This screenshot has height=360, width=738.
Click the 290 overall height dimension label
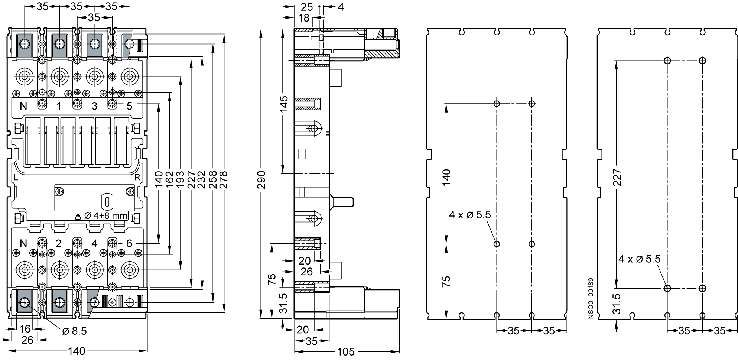261,180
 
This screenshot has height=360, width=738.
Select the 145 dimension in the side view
283,104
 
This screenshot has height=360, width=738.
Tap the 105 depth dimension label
346,351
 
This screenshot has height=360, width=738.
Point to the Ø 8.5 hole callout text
74,331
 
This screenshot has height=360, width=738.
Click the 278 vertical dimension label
224,180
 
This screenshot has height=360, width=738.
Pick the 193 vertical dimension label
181,180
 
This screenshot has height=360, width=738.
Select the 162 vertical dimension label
170,180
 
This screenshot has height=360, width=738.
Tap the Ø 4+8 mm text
106,216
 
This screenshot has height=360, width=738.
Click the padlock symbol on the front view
78,216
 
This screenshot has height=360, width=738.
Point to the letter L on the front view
15,177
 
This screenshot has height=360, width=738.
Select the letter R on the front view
137,177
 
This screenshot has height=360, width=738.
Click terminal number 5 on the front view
129,106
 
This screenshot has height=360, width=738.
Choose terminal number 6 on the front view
129,243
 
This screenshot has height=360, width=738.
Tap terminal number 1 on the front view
59,106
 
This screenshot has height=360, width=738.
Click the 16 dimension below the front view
25,329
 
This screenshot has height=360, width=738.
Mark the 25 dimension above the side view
307,7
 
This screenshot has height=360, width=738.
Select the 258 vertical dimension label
213,180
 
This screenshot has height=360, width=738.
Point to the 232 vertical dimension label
202,180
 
